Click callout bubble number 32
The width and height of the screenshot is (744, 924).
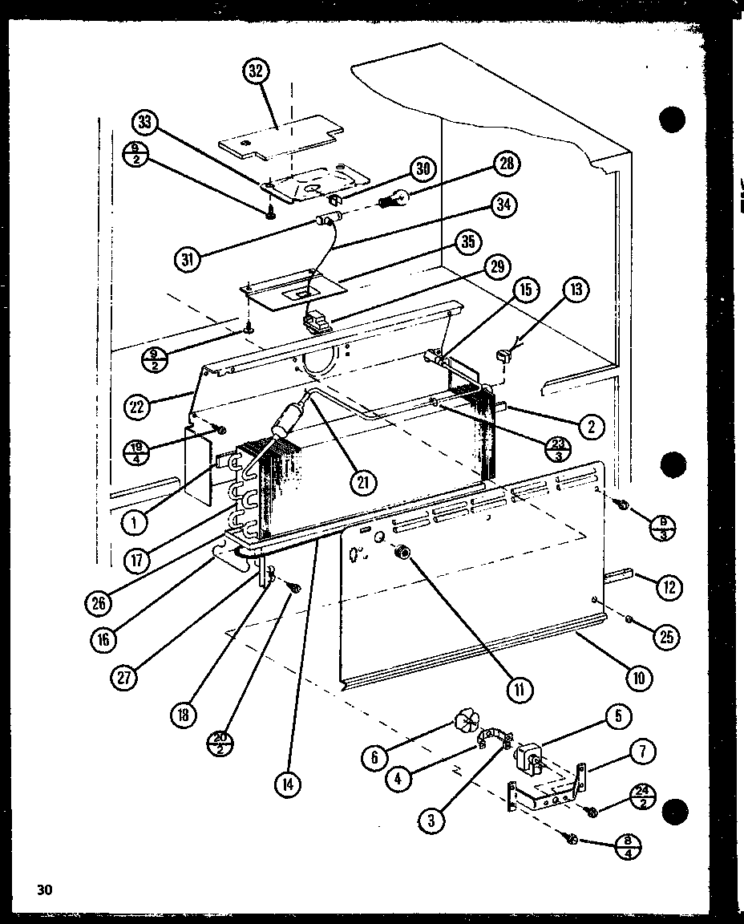(256, 71)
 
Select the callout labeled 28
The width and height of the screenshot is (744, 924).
(506, 165)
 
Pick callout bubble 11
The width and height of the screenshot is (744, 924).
(520, 688)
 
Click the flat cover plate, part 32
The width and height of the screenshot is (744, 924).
(277, 136)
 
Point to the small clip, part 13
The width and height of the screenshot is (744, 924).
(504, 355)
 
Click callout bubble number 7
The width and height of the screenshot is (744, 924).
(643, 752)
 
